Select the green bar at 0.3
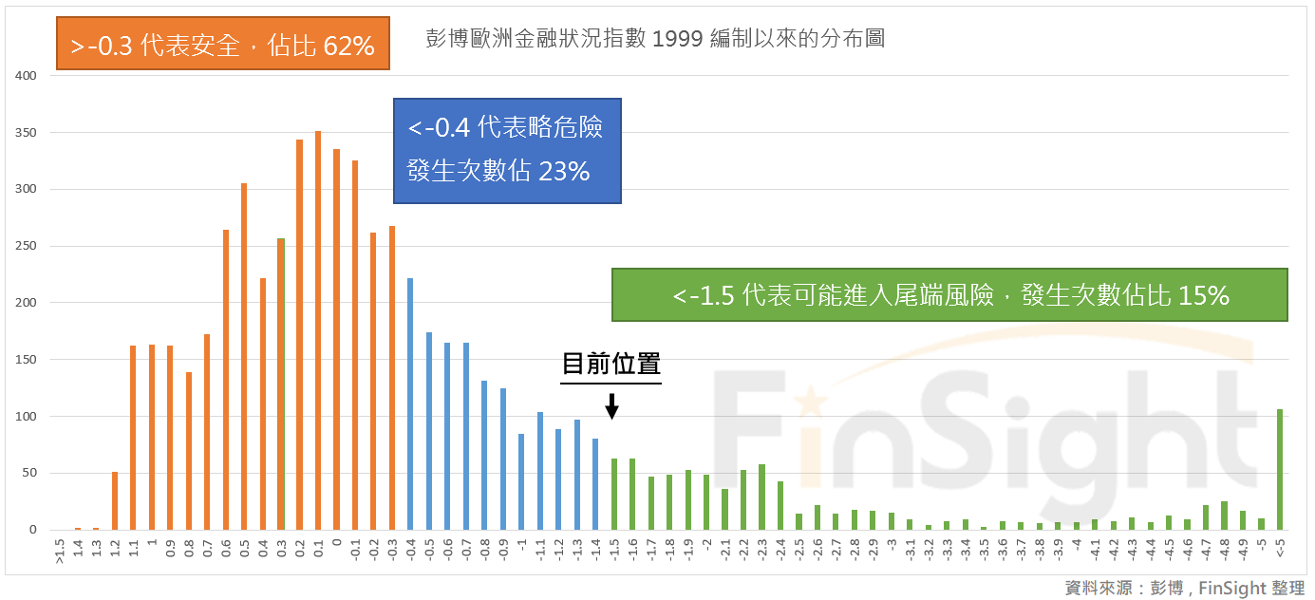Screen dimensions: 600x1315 point(281,384)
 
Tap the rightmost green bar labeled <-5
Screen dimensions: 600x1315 point(1280,469)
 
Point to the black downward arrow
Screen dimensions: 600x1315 point(612,406)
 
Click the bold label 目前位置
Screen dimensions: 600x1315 point(611,364)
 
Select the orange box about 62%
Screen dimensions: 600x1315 point(223,45)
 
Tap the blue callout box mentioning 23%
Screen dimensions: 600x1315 point(507,150)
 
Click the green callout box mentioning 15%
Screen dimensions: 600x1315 point(949,295)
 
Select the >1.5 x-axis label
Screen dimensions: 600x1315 point(60,551)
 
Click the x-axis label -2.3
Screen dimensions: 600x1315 point(761,550)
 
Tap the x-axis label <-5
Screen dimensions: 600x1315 point(1280,550)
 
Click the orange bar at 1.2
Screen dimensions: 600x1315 point(115,500)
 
